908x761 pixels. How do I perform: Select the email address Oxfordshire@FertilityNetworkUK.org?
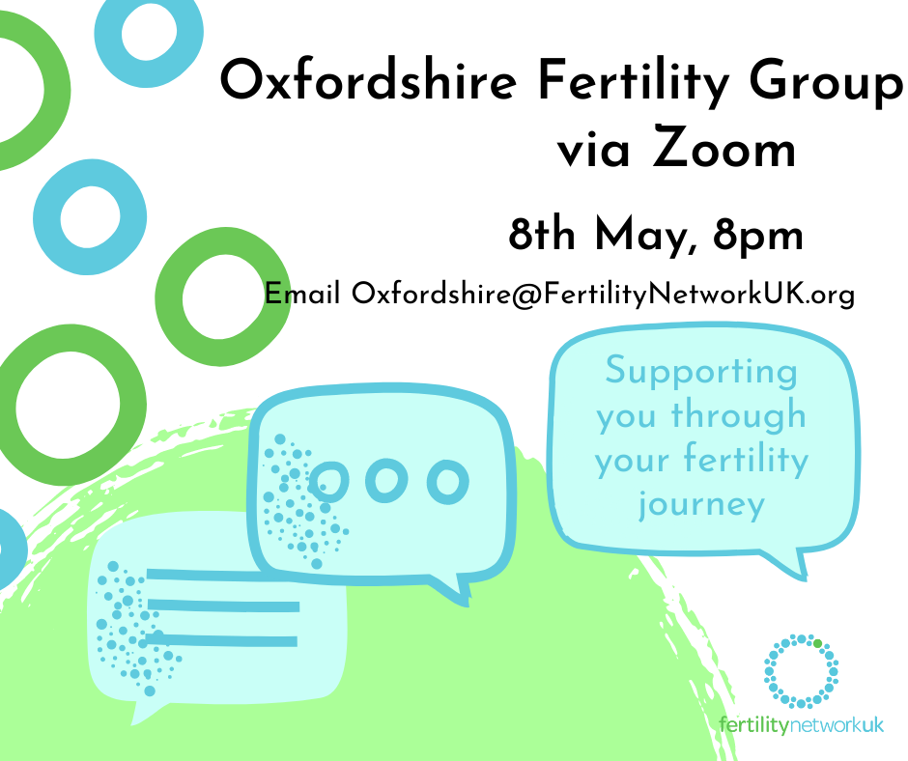(x=603, y=293)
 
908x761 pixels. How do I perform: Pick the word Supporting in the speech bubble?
(x=701, y=372)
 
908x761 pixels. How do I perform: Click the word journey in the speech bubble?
(x=701, y=503)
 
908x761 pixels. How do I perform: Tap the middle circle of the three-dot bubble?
(x=386, y=480)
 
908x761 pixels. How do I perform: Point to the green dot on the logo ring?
(x=817, y=642)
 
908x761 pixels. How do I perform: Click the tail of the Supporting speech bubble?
(x=797, y=564)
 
